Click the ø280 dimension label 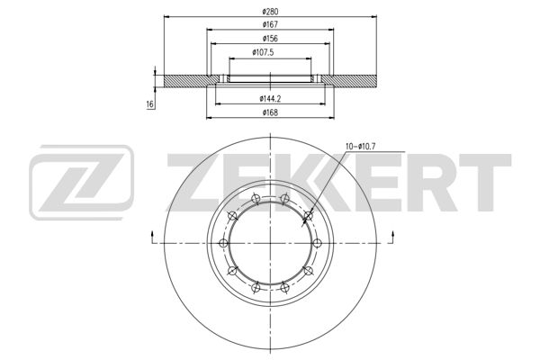click(x=270, y=12)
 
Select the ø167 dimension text click(x=270, y=25)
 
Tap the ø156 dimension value click(x=270, y=39)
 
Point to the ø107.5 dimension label click(x=263, y=53)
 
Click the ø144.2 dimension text click(x=270, y=99)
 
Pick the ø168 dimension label click(x=270, y=112)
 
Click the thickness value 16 click(x=150, y=104)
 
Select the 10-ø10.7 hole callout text click(x=360, y=147)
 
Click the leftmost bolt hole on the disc click(x=223, y=243)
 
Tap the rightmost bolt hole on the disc click(x=317, y=243)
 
